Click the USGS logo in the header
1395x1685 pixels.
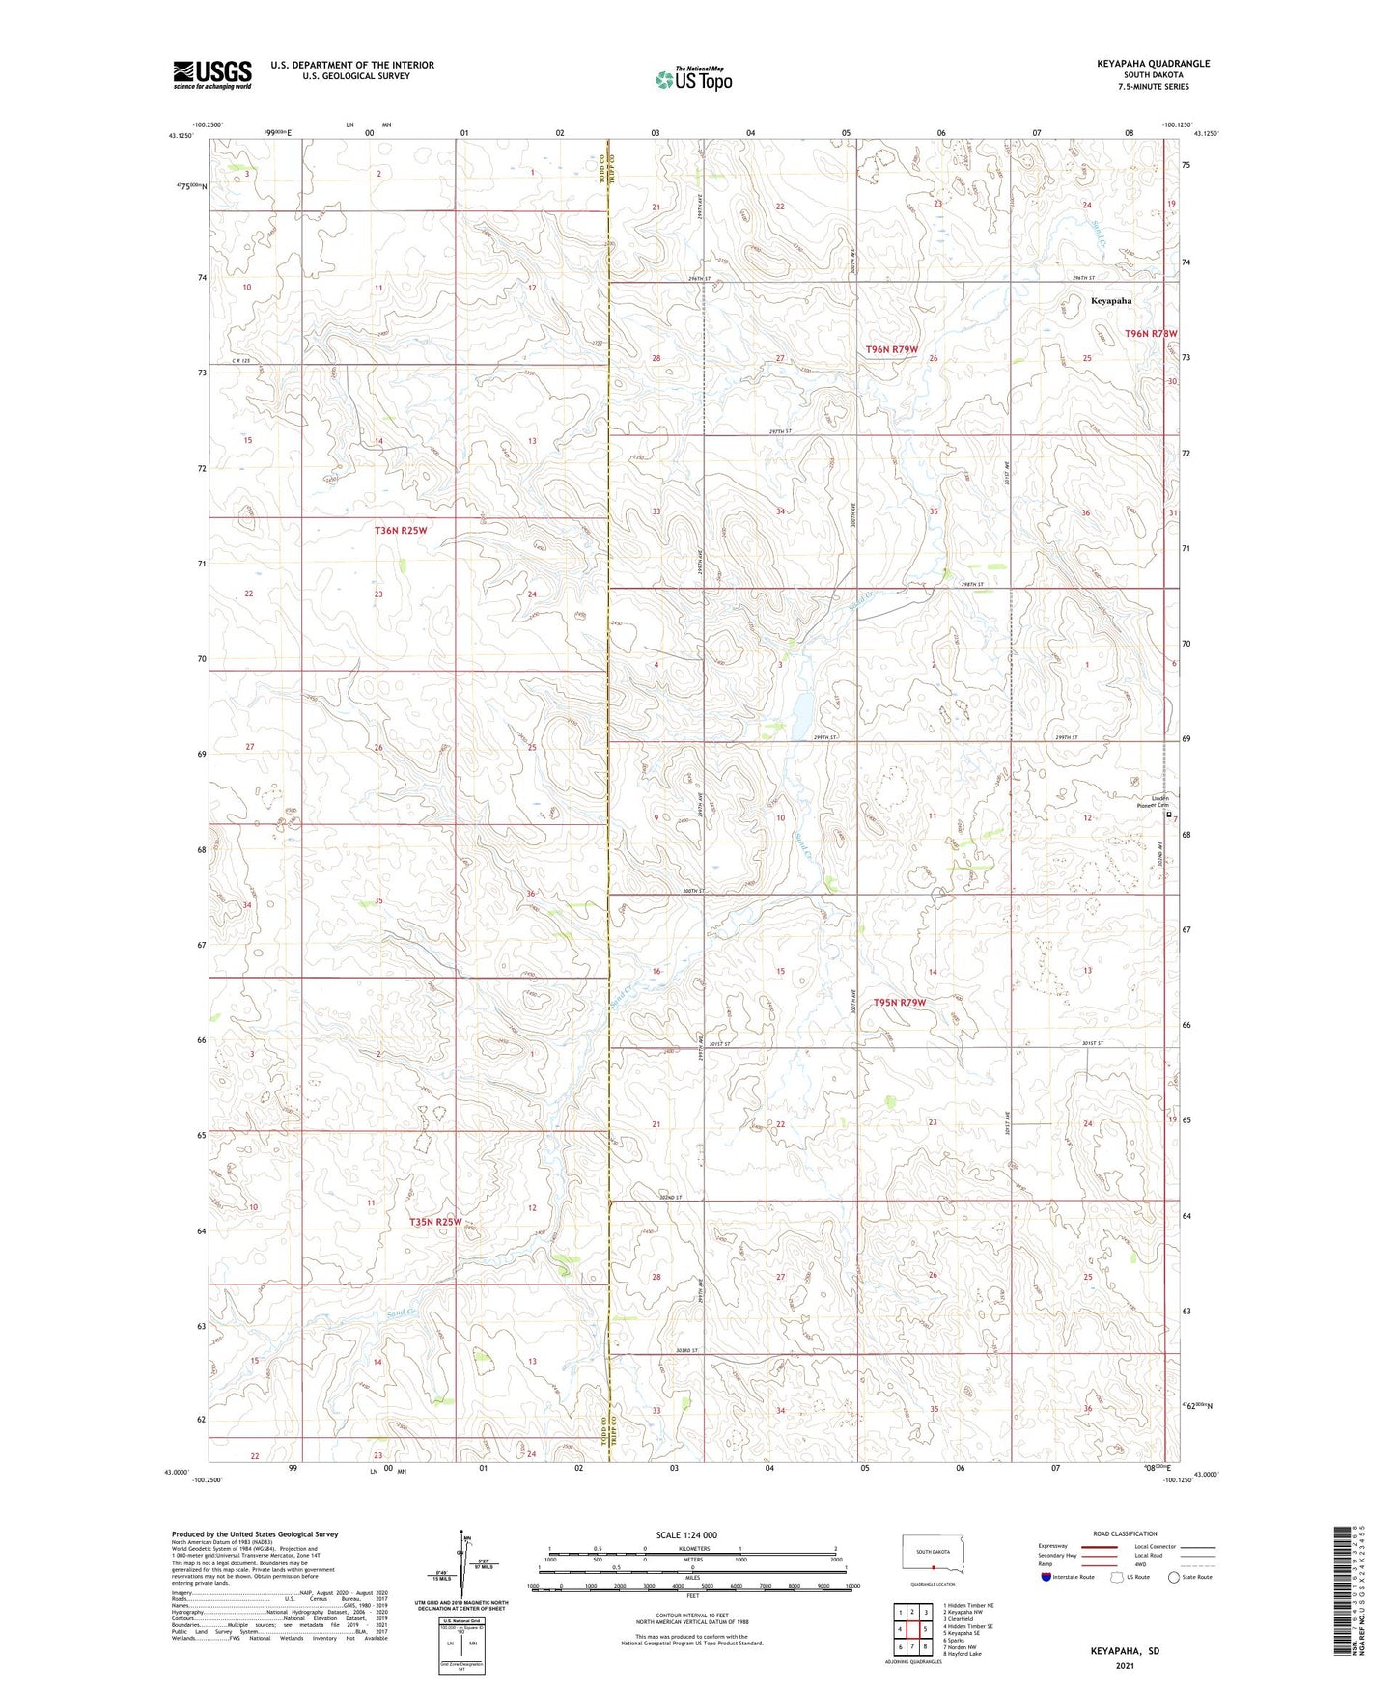[x=211, y=74]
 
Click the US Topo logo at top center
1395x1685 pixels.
[x=693, y=79]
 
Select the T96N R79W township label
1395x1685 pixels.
[x=891, y=349]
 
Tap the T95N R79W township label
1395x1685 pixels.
[x=899, y=1003]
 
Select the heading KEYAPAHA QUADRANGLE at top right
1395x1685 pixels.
[x=1153, y=64]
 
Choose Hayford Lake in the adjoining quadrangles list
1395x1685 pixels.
[x=967, y=1654]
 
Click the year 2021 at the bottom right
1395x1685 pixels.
[x=1124, y=1666]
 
